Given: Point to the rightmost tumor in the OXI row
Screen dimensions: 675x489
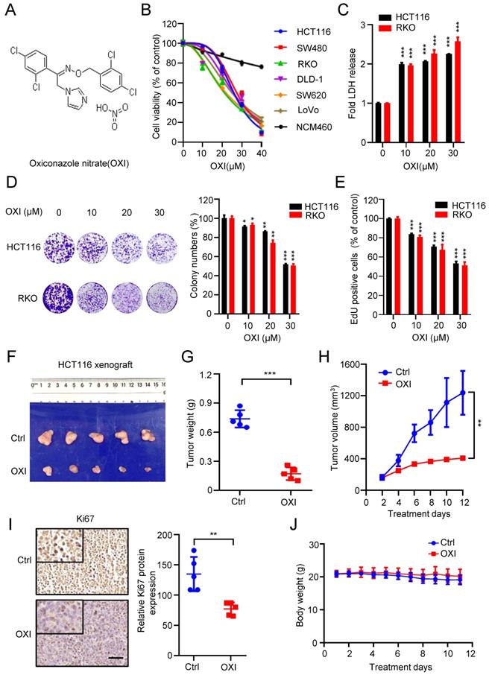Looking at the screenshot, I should (154, 470).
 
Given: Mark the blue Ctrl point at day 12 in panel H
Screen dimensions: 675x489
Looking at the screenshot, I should (463, 393).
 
